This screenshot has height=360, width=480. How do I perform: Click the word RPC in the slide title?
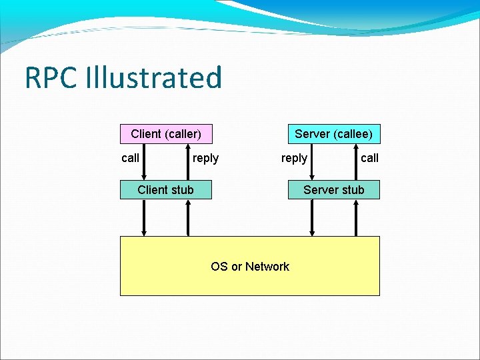pos(51,78)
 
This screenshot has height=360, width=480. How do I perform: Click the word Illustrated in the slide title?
pos(153,78)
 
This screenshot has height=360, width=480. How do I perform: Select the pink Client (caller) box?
pos(166,134)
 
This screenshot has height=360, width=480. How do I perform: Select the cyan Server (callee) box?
pos(333,134)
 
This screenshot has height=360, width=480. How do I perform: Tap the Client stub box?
pos(166,190)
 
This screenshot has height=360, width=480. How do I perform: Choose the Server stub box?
pos(333,190)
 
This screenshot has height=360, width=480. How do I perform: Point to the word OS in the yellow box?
pos(219,267)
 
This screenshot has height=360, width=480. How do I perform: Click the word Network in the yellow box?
pos(267,267)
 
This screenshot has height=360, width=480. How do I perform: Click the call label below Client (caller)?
pos(131,158)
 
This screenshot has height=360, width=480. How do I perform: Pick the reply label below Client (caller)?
pos(205,158)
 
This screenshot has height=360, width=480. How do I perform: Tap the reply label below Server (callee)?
pos(294,158)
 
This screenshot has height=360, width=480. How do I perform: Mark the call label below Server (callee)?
pos(369,158)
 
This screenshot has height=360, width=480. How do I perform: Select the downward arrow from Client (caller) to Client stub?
pos(144,162)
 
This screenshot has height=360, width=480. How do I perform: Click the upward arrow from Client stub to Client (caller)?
pos(188,162)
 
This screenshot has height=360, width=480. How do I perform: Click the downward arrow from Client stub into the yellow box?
pos(144,217)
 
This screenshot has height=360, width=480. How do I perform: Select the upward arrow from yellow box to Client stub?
pos(188,217)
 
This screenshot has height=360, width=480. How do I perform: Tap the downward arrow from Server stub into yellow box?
pos(312,217)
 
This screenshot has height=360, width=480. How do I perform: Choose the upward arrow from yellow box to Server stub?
pos(356,217)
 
